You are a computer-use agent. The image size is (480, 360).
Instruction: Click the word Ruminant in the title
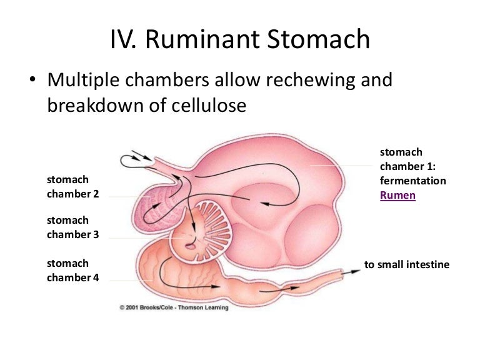(203, 39)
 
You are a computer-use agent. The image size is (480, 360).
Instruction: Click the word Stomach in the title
(318, 39)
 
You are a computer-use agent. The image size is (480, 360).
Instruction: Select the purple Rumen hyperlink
(397, 195)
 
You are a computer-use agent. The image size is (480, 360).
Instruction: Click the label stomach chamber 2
(73, 186)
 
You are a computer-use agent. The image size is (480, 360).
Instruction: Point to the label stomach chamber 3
(73, 227)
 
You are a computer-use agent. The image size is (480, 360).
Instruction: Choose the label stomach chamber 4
(73, 270)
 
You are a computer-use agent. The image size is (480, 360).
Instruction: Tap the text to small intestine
(406, 264)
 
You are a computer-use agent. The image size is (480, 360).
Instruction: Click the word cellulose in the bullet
(209, 105)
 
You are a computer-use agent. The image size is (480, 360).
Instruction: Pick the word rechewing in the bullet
(311, 80)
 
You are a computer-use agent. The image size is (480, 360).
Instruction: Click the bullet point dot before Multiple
(32, 79)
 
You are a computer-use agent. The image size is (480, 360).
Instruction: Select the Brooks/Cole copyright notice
(174, 307)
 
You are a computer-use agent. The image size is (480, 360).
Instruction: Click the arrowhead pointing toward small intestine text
(355, 271)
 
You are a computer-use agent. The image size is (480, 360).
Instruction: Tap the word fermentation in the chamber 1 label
(413, 181)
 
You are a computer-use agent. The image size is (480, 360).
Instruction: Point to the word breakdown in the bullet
(96, 105)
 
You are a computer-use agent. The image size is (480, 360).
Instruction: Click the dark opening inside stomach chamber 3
(191, 246)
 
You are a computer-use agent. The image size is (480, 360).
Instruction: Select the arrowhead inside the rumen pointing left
(266, 204)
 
